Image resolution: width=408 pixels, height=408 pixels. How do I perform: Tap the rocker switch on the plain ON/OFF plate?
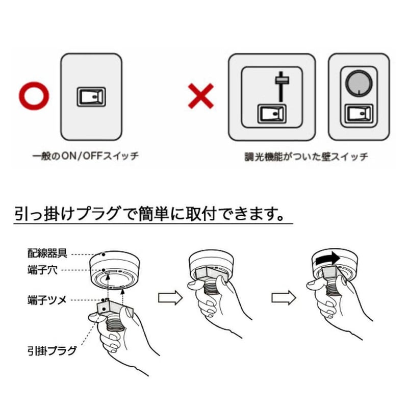[91, 96]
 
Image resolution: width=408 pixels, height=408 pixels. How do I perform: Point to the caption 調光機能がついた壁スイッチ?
[306, 157]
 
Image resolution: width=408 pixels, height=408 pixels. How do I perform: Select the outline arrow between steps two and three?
[284, 298]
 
